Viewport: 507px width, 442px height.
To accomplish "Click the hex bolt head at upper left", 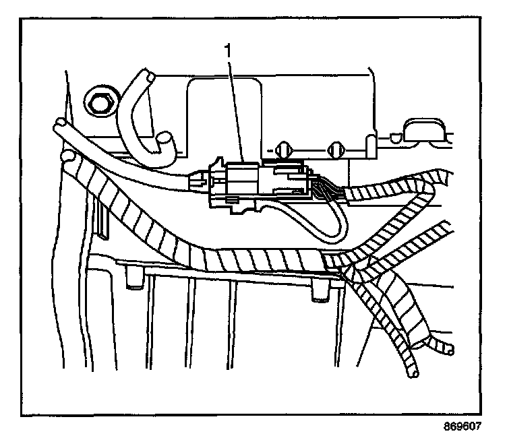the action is (x=99, y=103).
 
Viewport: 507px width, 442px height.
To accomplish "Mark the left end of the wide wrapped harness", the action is (x=69, y=159).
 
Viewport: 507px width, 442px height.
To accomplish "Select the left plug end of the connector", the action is (x=200, y=179).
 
